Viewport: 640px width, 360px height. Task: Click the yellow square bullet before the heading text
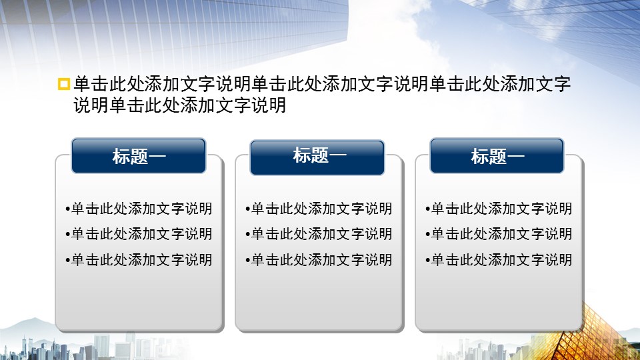pos(64,84)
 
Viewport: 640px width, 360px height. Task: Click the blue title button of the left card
pos(139,155)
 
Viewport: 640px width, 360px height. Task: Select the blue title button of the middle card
pos(317,157)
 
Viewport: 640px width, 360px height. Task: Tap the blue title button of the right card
pos(497,155)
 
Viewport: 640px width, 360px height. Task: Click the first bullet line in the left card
pos(139,209)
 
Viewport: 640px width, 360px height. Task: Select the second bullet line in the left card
pos(139,234)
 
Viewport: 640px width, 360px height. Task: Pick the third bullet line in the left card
pos(139,259)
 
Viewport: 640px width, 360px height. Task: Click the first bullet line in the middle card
pos(319,209)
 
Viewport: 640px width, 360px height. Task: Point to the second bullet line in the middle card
pos(319,234)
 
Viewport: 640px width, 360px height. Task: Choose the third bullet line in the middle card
pos(319,259)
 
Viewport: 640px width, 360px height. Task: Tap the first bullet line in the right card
pos(499,209)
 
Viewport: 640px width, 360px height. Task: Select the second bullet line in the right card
pos(499,234)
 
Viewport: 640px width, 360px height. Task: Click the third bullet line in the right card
pos(499,259)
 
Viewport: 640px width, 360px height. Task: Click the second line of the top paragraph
pos(179,105)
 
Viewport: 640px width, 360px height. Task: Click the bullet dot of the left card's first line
pos(68,209)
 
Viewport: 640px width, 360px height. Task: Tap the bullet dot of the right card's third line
pos(428,261)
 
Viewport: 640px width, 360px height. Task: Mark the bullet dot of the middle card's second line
pos(248,235)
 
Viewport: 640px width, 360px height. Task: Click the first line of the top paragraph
pos(322,84)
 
